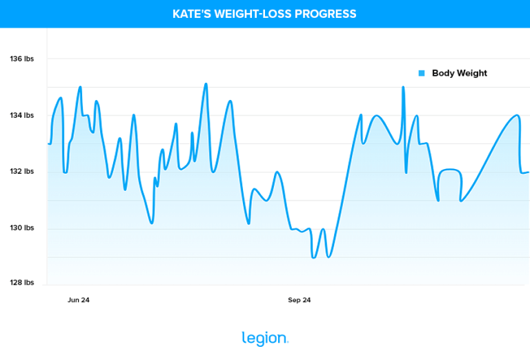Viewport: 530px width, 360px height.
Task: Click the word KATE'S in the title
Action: [x=190, y=14]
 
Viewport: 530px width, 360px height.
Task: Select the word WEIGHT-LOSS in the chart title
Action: [x=253, y=14]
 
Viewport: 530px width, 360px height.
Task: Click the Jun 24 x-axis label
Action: [x=78, y=300]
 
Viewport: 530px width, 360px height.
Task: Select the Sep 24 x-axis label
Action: [x=299, y=300]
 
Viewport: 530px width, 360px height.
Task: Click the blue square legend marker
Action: [x=422, y=73]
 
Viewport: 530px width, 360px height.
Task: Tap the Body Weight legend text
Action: [x=459, y=73]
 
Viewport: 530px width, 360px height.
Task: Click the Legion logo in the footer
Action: [x=265, y=338]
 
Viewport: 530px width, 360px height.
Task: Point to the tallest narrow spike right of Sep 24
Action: [x=403, y=88]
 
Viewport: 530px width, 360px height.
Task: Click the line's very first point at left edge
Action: [x=48, y=143]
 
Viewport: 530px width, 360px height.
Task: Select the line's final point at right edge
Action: [x=528, y=172]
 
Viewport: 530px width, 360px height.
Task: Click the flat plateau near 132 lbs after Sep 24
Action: [x=449, y=169]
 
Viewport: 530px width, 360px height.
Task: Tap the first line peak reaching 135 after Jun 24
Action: [x=80, y=87]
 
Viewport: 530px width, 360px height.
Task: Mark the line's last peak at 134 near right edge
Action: [x=517, y=115]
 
